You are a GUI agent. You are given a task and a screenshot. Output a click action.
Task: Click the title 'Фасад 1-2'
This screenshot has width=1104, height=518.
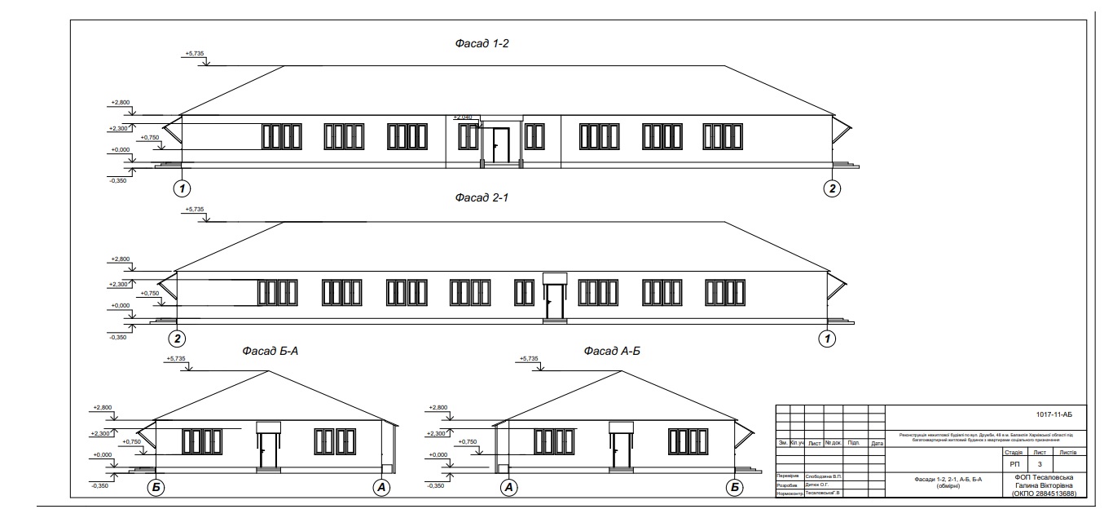482,43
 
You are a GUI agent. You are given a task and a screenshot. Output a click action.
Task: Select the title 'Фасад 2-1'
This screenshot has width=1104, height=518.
482,198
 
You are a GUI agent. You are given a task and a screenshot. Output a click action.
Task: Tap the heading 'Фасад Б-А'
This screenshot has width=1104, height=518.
274,352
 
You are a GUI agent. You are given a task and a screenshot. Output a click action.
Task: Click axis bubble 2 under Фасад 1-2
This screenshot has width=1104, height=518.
831,188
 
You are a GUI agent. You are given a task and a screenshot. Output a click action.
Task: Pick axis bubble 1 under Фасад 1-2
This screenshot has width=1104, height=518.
183,188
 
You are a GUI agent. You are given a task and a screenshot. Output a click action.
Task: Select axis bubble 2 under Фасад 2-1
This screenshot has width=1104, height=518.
180,338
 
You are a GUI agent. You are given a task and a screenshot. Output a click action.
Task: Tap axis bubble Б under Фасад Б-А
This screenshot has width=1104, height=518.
156,487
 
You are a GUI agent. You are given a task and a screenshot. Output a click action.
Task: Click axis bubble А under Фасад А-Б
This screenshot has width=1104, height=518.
509,487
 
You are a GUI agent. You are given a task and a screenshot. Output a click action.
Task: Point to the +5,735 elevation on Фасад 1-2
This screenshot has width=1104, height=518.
195,54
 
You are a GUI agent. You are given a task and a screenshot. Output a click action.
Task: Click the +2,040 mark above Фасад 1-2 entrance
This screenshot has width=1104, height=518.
462,117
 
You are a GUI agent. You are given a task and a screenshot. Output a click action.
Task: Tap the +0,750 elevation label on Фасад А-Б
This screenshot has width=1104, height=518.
468,441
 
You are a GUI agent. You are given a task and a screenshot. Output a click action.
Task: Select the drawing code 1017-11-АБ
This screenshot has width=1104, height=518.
1054,415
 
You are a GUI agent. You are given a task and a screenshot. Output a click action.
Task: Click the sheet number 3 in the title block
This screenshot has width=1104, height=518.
1039,463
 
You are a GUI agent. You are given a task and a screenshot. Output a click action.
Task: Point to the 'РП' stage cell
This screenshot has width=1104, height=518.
1014,463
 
